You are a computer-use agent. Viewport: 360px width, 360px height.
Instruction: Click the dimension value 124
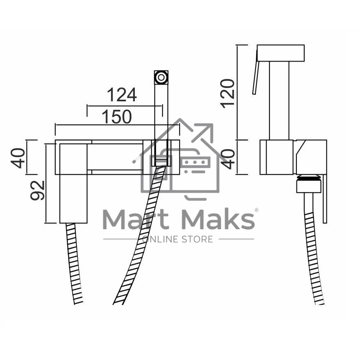coord(122,95)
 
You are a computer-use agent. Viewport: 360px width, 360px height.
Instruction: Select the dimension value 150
coord(117,116)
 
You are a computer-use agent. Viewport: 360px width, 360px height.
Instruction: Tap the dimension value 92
coord(37,190)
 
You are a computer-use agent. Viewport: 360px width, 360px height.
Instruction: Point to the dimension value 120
coord(227,93)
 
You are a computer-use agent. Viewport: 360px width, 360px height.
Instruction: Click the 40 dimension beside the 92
coord(18,158)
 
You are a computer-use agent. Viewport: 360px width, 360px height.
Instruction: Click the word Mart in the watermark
coord(136,219)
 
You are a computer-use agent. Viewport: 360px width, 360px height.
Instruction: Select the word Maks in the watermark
coord(219,219)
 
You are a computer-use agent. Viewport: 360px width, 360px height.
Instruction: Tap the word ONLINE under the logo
coord(160,239)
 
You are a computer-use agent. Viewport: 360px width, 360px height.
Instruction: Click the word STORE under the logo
coord(197,239)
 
